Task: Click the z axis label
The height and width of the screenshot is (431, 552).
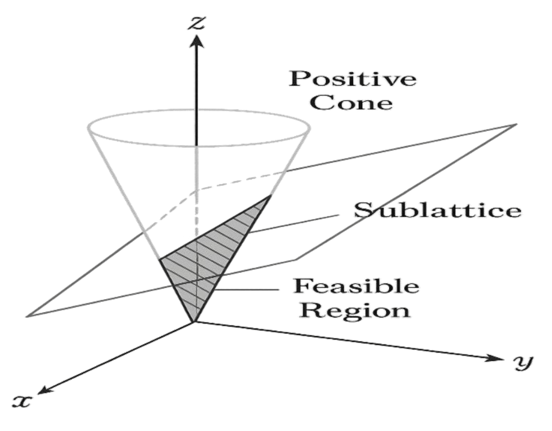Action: [x=197, y=23]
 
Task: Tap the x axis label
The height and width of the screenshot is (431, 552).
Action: [x=22, y=401]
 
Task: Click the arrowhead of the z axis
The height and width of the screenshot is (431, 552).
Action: [x=197, y=41]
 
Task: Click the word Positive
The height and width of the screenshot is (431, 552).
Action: [x=353, y=79]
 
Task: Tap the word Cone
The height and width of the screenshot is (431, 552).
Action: [x=352, y=103]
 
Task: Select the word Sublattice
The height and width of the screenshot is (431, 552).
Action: [x=437, y=210]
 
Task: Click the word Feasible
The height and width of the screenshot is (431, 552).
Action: [x=356, y=286]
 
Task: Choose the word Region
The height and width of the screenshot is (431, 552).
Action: [x=355, y=310]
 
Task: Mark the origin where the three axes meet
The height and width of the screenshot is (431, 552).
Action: [x=194, y=322]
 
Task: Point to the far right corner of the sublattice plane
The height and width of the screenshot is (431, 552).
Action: [x=517, y=124]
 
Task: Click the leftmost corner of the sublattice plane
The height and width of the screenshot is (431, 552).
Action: [x=26, y=316]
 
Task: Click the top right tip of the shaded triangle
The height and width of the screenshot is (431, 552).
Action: [x=271, y=195]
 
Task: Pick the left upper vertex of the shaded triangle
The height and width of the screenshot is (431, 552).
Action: [x=160, y=260]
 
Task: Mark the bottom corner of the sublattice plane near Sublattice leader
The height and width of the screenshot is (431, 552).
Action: [x=298, y=260]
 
